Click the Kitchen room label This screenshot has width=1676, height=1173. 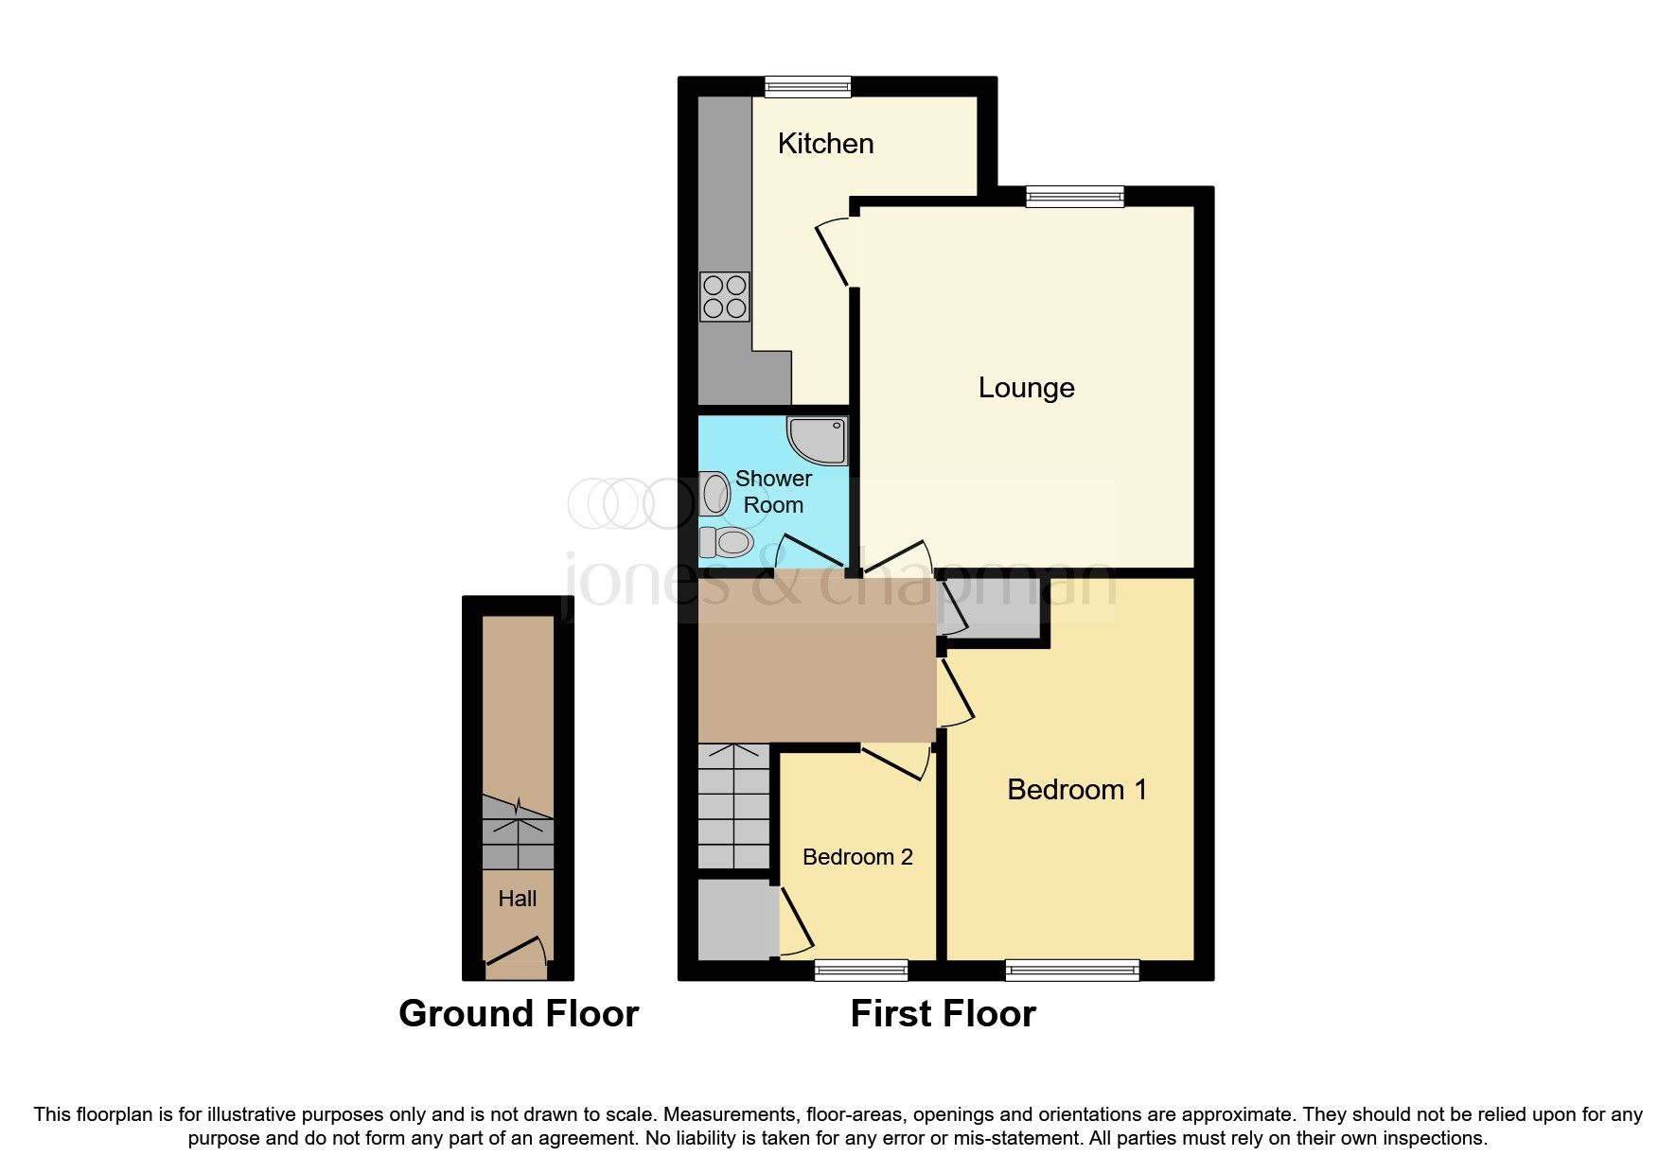click(825, 144)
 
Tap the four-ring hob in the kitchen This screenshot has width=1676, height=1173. click(725, 296)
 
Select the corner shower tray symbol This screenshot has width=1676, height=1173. click(817, 441)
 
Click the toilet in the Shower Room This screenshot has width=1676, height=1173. click(726, 543)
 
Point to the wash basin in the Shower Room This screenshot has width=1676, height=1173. click(716, 494)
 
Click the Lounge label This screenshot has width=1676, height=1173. click(1026, 388)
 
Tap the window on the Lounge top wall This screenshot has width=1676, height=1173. click(1074, 197)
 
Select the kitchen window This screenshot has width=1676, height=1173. click(807, 87)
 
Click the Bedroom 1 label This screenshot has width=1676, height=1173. click(1076, 790)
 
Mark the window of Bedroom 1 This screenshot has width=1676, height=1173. click(1071, 970)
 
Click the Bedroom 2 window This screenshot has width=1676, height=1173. click(860, 970)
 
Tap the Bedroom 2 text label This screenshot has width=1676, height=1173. click(857, 857)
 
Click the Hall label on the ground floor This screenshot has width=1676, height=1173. click(517, 899)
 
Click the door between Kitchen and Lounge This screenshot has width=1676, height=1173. click(833, 252)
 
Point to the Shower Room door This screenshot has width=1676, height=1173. click(809, 552)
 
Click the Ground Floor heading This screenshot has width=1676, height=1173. click(519, 1013)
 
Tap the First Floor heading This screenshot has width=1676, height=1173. click(943, 1013)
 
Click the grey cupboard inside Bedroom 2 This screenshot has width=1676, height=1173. click(735, 919)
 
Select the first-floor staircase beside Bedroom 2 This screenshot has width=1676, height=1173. click(733, 806)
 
